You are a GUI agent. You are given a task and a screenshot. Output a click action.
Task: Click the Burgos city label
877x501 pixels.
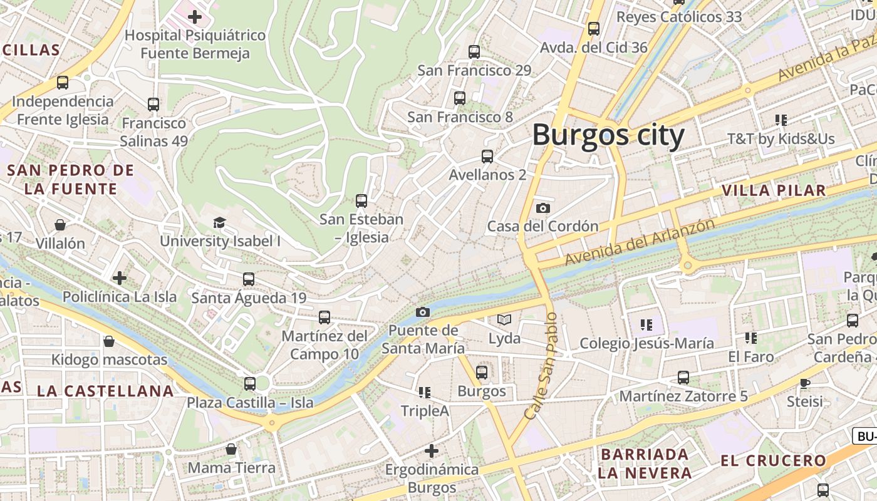[608, 135]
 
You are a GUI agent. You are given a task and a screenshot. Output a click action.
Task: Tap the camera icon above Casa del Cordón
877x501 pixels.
[543, 208]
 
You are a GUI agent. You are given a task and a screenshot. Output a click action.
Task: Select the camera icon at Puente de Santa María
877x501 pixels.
[423, 312]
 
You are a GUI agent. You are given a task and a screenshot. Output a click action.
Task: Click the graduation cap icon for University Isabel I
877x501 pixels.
[219, 222]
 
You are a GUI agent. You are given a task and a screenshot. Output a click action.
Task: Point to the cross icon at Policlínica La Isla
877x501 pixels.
[120, 278]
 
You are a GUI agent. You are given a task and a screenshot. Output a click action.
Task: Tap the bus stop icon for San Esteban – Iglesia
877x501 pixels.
[361, 201]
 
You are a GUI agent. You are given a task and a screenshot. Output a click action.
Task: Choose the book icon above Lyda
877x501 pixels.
[504, 320]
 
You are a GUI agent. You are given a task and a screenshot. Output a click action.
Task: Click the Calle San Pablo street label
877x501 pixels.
[541, 367]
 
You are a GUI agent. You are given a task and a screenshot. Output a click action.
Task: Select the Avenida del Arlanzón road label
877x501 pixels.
[639, 242]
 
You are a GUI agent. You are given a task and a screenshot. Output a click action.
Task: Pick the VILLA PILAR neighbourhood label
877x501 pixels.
[774, 190]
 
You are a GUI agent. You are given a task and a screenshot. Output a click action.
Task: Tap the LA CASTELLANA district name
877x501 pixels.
[105, 391]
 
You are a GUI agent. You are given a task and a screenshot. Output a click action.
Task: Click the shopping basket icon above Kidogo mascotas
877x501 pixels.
[109, 341]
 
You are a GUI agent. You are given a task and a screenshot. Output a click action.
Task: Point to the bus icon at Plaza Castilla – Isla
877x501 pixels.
[250, 383]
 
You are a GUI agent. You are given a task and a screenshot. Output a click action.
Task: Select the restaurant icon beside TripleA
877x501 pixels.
[425, 393]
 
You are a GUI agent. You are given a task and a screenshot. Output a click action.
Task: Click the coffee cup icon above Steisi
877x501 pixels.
[805, 383]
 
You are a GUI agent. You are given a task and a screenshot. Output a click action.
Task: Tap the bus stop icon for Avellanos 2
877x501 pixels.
[487, 157]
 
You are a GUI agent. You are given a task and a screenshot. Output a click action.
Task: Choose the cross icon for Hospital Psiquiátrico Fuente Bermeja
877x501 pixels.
[195, 17]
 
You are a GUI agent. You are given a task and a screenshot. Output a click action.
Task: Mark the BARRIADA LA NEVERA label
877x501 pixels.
[645, 463]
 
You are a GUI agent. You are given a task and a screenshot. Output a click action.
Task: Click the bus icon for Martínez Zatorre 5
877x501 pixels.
[683, 378]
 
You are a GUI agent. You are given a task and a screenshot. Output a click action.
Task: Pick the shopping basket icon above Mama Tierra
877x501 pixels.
[231, 449]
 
